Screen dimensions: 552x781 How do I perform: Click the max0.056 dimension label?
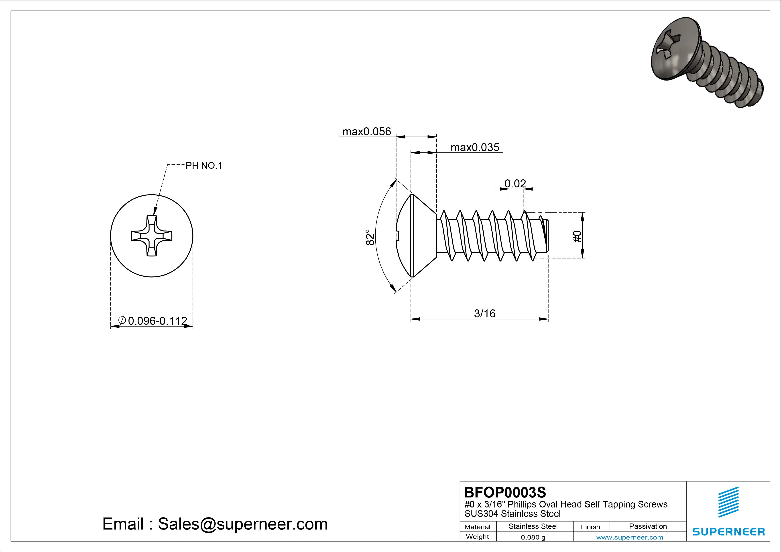coord(367,132)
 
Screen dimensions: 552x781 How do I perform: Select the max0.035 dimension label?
coord(475,148)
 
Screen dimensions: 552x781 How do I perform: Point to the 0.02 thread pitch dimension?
coord(515,184)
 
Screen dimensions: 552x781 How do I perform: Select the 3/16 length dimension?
coord(484,314)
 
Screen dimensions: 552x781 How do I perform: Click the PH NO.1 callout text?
coord(203,166)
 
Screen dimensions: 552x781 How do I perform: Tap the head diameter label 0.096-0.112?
coord(157,321)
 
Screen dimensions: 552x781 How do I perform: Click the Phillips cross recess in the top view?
coord(152,236)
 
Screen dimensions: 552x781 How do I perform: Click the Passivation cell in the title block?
coord(648,526)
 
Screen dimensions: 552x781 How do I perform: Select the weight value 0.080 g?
coord(533,537)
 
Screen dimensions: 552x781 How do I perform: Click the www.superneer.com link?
coord(630,537)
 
